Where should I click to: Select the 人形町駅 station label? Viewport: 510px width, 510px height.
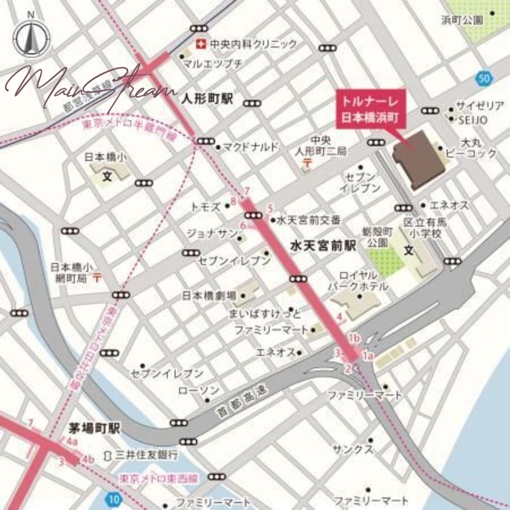(x=207, y=99)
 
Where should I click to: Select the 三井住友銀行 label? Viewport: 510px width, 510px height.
(x=146, y=455)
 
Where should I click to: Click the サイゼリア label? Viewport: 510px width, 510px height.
(x=480, y=106)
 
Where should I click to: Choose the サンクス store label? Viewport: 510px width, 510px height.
(x=352, y=449)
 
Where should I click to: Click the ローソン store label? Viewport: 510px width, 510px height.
(x=200, y=390)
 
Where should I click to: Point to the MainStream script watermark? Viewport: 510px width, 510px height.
(x=90, y=83)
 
